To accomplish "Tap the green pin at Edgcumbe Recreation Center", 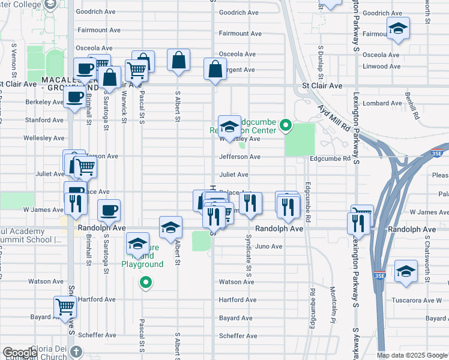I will tap(286, 126).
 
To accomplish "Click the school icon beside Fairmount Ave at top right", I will tap(398, 29).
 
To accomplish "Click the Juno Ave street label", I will tap(268, 246).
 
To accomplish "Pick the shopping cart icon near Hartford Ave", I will tap(65, 307).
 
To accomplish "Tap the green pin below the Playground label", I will tap(145, 282).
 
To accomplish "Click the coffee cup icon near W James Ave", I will tap(109, 210).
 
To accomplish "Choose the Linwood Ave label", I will tap(382, 66).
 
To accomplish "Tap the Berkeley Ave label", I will tap(44, 102).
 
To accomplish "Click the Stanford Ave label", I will tap(44, 120).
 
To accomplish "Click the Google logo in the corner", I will tap(20, 353).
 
